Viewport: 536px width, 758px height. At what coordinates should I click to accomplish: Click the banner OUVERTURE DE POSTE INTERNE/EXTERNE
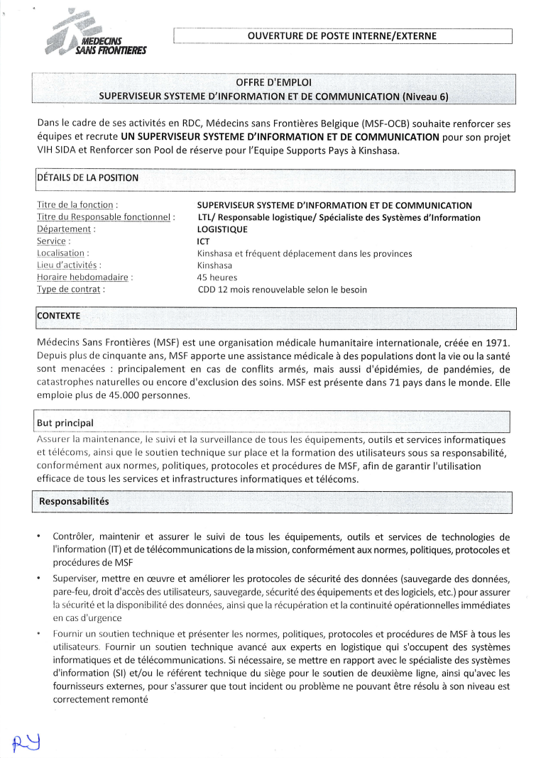pyautogui.click(x=342, y=35)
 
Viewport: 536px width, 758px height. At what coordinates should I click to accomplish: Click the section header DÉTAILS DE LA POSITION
pyautogui.click(x=87, y=177)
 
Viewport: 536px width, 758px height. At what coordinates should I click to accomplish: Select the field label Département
pyautogui.click(x=65, y=229)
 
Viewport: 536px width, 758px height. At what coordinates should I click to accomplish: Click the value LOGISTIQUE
pyautogui.click(x=222, y=229)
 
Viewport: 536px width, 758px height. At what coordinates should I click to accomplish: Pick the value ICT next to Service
pyautogui.click(x=204, y=241)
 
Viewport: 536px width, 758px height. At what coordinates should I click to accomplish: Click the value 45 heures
pyautogui.click(x=217, y=278)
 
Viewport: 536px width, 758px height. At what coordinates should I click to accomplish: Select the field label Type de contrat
pyautogui.click(x=71, y=290)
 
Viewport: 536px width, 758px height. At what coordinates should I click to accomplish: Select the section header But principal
pyautogui.click(x=65, y=423)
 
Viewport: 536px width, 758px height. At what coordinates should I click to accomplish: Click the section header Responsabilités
pyautogui.click(x=74, y=501)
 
